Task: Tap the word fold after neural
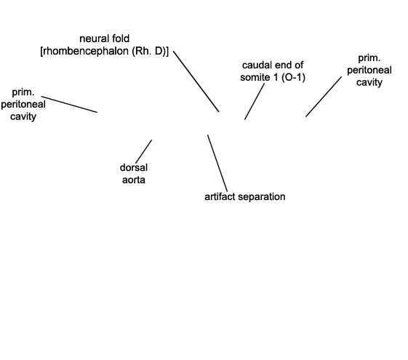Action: click(x=121, y=39)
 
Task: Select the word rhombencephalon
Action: click(x=86, y=51)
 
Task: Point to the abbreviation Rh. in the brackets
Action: click(x=142, y=51)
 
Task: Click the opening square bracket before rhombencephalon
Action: click(x=41, y=52)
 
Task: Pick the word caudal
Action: click(x=256, y=65)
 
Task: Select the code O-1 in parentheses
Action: click(x=293, y=78)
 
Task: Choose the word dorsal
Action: click(x=134, y=168)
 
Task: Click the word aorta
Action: click(x=134, y=180)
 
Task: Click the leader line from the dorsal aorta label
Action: click(x=143, y=151)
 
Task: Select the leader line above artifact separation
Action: click(x=217, y=164)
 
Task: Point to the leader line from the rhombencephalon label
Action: click(x=196, y=81)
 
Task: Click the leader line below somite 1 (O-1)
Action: click(x=255, y=101)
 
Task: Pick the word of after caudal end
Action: click(x=299, y=65)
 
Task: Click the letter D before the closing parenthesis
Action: click(x=159, y=51)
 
